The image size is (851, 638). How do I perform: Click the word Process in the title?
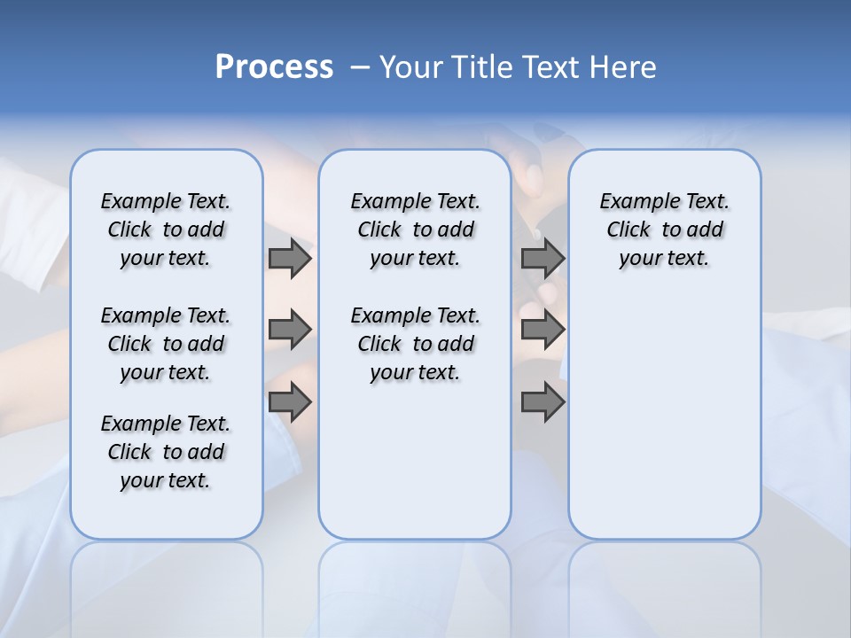click(x=274, y=66)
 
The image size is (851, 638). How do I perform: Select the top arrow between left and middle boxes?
click(x=290, y=259)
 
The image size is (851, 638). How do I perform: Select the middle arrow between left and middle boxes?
click(x=290, y=331)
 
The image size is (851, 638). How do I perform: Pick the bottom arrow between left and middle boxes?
click(x=290, y=402)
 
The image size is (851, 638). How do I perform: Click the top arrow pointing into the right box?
click(x=543, y=259)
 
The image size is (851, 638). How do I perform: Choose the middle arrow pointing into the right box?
click(x=543, y=331)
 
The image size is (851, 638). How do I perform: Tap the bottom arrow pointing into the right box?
click(x=543, y=402)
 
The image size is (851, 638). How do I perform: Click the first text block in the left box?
click(x=166, y=230)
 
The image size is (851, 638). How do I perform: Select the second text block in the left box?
click(x=166, y=344)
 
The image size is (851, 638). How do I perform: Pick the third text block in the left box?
click(x=166, y=452)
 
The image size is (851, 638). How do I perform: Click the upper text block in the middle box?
click(x=415, y=230)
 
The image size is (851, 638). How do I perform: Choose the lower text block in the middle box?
click(x=415, y=344)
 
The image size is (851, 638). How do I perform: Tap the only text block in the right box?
click(x=664, y=230)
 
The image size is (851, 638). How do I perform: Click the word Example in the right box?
click(x=632, y=201)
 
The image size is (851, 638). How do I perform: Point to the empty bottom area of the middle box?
click(x=415, y=470)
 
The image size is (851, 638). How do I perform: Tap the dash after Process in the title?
click(x=360, y=67)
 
